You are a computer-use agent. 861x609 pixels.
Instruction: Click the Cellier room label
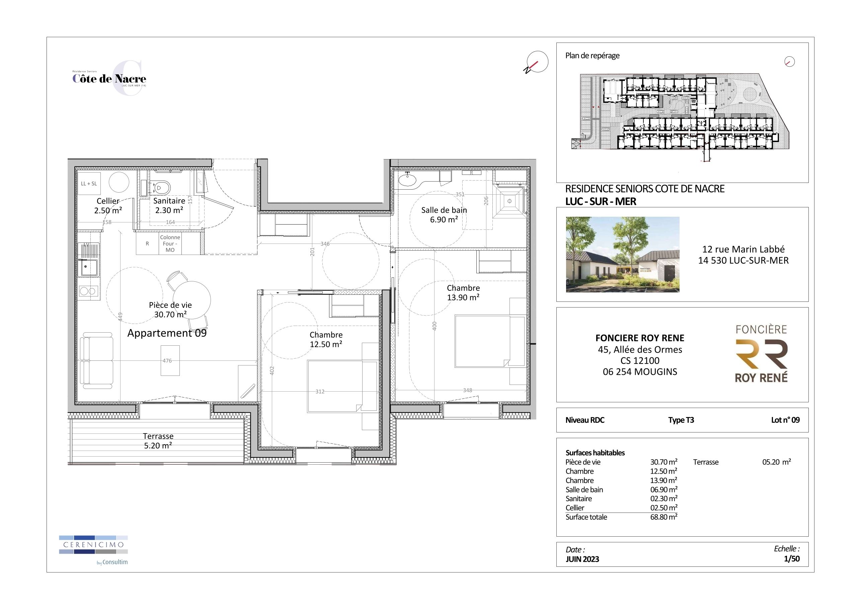click(x=108, y=206)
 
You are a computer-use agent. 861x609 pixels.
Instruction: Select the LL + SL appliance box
click(x=89, y=184)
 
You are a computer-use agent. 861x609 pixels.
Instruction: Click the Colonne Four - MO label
click(x=170, y=244)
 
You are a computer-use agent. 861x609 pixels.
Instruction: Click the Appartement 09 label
click(x=167, y=333)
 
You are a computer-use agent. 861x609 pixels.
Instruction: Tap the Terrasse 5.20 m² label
click(x=158, y=441)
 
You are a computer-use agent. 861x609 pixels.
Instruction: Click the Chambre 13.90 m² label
click(x=463, y=293)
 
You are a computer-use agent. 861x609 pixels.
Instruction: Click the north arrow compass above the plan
click(x=537, y=62)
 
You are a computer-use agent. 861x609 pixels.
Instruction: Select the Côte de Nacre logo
click(x=109, y=78)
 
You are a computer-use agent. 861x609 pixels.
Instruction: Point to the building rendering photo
click(x=623, y=254)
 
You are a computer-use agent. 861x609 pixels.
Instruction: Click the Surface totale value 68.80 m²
click(x=663, y=517)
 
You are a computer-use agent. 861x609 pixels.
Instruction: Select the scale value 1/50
click(x=791, y=559)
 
